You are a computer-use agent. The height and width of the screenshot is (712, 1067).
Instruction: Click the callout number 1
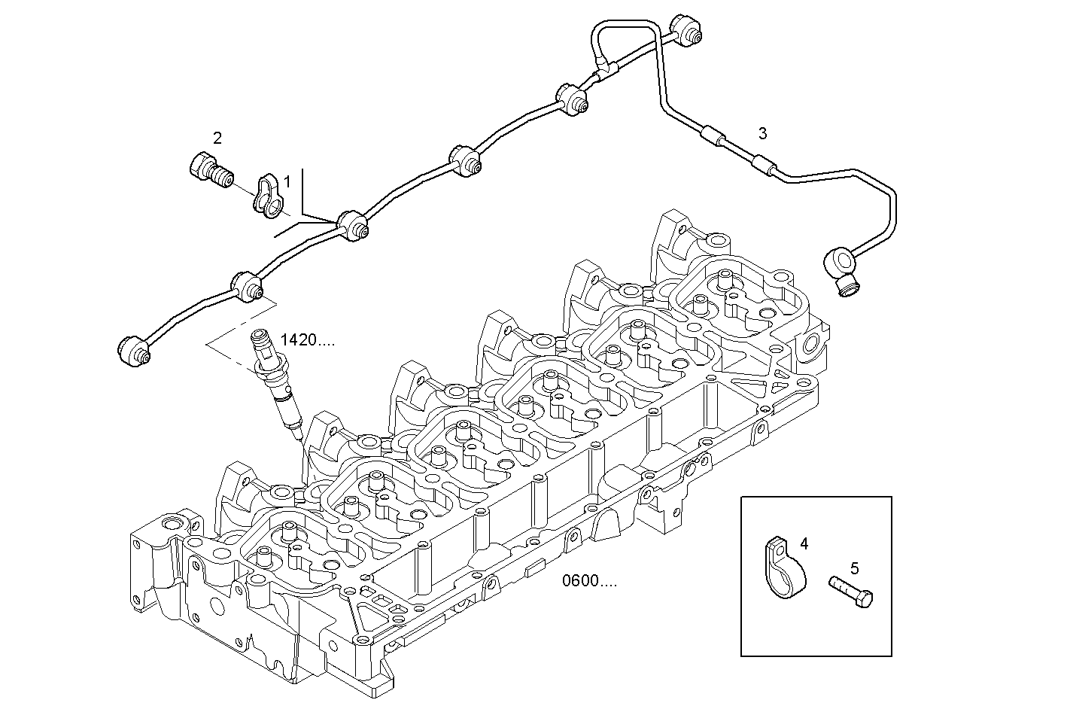pyautogui.click(x=287, y=182)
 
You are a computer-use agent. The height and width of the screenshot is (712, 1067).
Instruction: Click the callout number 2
pyautogui.click(x=217, y=138)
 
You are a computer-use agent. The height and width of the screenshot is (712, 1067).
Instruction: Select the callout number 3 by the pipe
pyautogui.click(x=762, y=134)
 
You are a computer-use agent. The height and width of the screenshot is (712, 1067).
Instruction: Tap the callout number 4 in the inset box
pyautogui.click(x=804, y=543)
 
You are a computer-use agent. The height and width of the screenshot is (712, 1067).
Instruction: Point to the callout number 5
pyautogui.click(x=854, y=568)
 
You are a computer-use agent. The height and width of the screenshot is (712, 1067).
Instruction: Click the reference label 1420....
pyautogui.click(x=308, y=340)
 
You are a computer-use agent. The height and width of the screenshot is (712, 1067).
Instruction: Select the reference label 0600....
pyautogui.click(x=589, y=581)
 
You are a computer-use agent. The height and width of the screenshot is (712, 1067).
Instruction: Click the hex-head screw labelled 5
pyautogui.click(x=852, y=590)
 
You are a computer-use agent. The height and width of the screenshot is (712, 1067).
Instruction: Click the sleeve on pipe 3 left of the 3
pyautogui.click(x=712, y=137)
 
